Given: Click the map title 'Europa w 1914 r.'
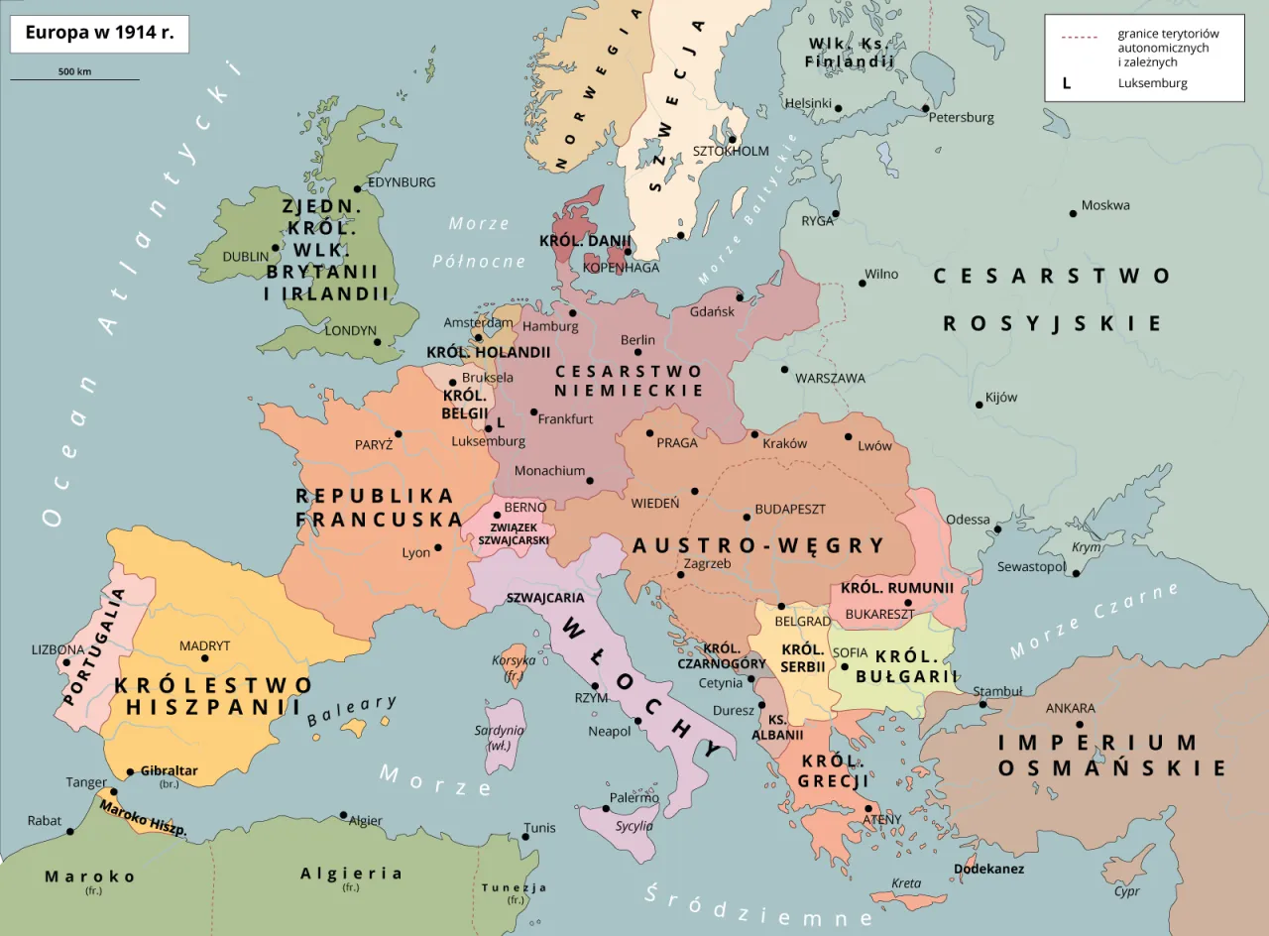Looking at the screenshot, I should pyautogui.click(x=99, y=33).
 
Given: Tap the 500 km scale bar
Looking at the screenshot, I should pyautogui.click(x=74, y=78).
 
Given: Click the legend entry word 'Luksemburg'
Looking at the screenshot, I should pyautogui.click(x=1152, y=83).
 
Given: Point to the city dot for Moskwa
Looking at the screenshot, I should pyautogui.click(x=1073, y=213).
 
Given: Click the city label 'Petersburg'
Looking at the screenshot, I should pyautogui.click(x=961, y=117).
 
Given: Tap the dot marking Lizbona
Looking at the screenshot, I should pyautogui.click(x=66, y=662).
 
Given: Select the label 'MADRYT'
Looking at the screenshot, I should pyautogui.click(x=204, y=645).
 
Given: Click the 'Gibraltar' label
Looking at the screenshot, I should pyautogui.click(x=169, y=770).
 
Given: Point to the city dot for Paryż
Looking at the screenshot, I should pyautogui.click(x=399, y=433).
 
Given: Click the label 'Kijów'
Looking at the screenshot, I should pyautogui.click(x=1001, y=398).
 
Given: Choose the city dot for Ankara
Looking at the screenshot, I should pyautogui.click(x=1079, y=724).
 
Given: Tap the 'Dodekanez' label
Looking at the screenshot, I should pyautogui.click(x=988, y=869).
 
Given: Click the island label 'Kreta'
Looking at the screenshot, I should pyautogui.click(x=905, y=882).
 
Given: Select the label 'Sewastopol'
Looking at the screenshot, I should pyautogui.click(x=1030, y=566).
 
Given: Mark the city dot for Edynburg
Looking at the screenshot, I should pyautogui.click(x=358, y=188).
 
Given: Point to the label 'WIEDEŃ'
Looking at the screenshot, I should pyautogui.click(x=655, y=503).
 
